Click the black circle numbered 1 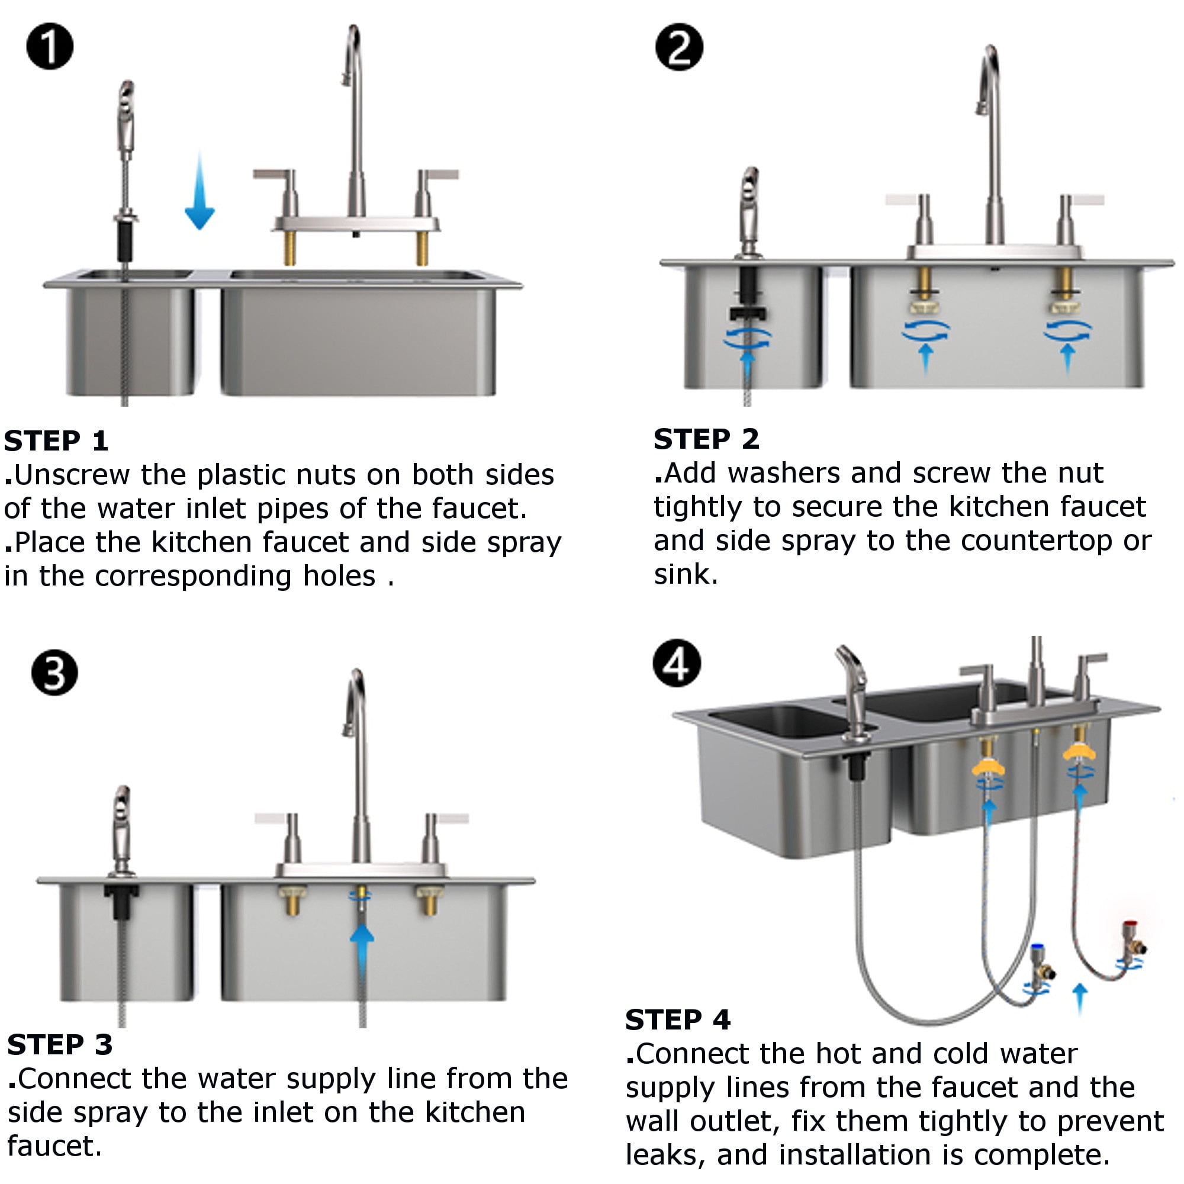click(50, 47)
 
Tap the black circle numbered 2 click(678, 47)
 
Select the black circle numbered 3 click(54, 673)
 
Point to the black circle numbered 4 click(677, 664)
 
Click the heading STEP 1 click(56, 441)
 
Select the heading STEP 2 click(706, 439)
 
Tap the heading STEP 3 click(59, 1044)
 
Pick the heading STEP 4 click(678, 1019)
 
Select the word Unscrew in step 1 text click(71, 475)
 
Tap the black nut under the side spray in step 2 click(747, 313)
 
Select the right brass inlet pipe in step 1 click(422, 247)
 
